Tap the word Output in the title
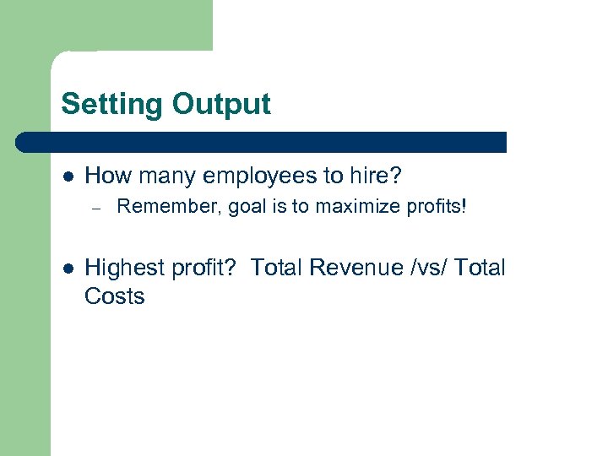click(221, 105)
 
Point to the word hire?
click(375, 176)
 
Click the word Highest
click(123, 269)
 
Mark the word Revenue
click(354, 269)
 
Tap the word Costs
click(115, 296)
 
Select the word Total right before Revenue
click(279, 269)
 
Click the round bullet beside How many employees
click(67, 176)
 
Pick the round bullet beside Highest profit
click(67, 269)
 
